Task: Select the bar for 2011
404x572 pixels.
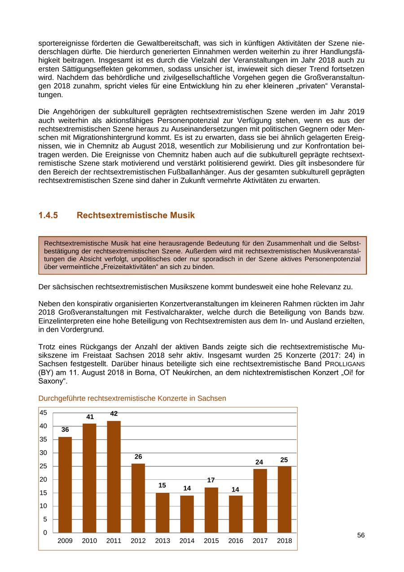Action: point(114,477)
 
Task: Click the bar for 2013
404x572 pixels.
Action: point(162,513)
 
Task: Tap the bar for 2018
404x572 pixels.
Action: point(284,499)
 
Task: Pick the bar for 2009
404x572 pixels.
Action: point(65,485)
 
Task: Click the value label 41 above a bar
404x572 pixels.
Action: point(90,417)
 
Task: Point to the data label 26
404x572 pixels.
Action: point(138,456)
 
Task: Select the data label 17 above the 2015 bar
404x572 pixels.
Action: point(211,480)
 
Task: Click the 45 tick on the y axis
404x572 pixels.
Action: point(44,413)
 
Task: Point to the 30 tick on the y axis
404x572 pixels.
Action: point(44,452)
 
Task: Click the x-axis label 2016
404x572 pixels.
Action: point(236,541)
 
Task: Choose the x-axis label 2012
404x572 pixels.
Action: point(138,541)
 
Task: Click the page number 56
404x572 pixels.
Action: point(361,535)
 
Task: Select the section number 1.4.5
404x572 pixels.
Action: point(48,215)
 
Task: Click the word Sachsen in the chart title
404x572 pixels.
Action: point(213,398)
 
